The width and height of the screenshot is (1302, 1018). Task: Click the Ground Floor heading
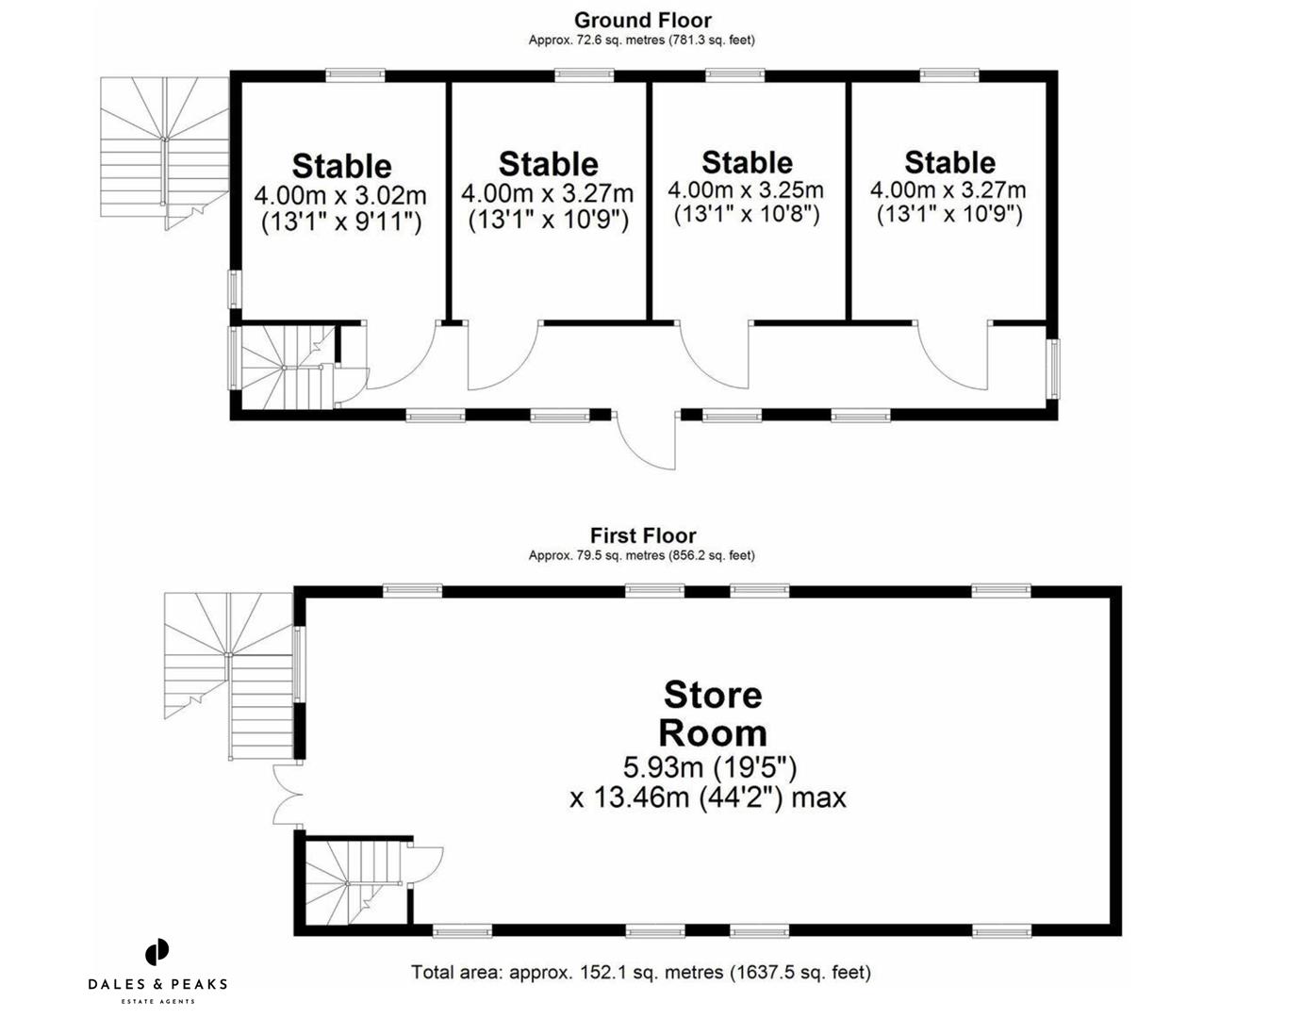tap(642, 20)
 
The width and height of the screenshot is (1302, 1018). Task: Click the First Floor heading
tap(642, 535)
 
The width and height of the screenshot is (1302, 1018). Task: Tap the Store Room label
tap(712, 714)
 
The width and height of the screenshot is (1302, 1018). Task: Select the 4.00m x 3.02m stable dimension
tap(340, 196)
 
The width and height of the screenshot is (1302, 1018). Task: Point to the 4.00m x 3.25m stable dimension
tap(746, 189)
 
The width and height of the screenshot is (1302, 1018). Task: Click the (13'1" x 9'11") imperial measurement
tap(340, 222)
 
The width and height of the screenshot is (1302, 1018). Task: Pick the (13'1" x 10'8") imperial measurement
tap(746, 214)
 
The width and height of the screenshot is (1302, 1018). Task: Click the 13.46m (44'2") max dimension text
tap(708, 797)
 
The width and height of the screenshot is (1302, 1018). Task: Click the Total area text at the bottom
tap(641, 972)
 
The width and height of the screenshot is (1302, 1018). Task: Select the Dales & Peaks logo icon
tap(157, 952)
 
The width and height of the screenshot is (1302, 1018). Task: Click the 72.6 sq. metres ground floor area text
tap(642, 40)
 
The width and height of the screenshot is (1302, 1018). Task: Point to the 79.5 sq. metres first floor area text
tap(642, 555)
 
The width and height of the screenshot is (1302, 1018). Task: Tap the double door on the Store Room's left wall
tap(286, 796)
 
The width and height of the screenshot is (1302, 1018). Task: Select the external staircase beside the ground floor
tap(165, 151)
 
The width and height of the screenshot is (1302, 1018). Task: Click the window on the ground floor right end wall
tap(1054, 369)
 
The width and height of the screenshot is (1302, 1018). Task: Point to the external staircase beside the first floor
tap(230, 669)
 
